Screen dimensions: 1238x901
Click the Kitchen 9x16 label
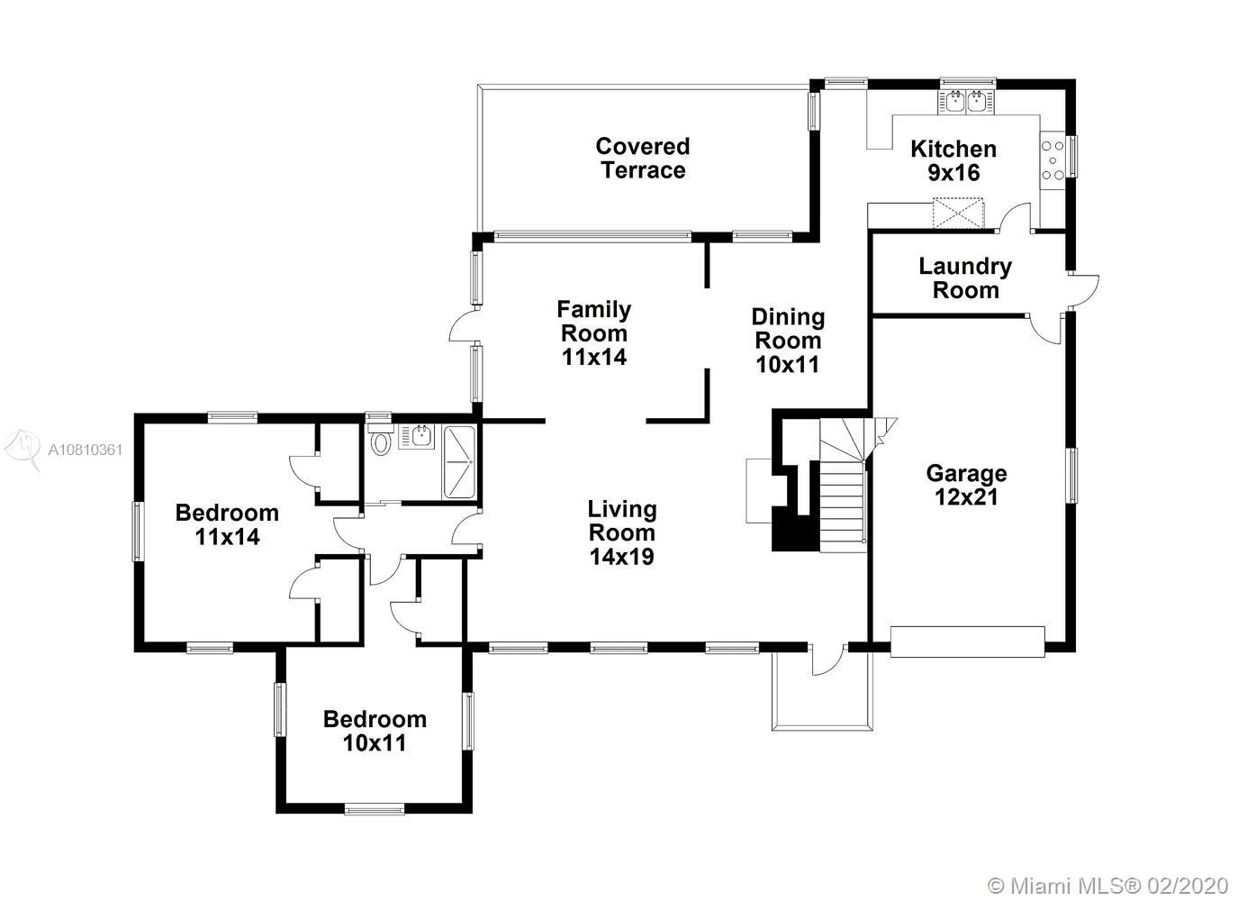(x=953, y=160)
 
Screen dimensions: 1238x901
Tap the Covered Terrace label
(x=643, y=159)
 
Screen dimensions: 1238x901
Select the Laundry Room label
(x=965, y=278)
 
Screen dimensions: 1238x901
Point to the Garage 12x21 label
(x=966, y=485)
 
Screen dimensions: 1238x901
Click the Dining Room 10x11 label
(x=788, y=341)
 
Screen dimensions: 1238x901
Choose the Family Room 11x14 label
(x=593, y=333)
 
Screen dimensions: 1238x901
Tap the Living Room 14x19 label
(x=622, y=532)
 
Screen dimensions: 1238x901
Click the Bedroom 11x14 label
(x=227, y=525)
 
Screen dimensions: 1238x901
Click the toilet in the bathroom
(x=380, y=440)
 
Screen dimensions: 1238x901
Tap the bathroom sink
(x=416, y=436)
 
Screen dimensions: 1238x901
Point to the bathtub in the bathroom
(x=458, y=462)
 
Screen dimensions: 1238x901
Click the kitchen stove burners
(x=1053, y=160)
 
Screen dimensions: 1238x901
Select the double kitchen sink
(x=965, y=103)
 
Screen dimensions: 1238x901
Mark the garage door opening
(x=967, y=642)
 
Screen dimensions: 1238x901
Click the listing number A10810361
(x=86, y=450)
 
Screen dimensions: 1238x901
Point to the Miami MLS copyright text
(x=1107, y=887)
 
